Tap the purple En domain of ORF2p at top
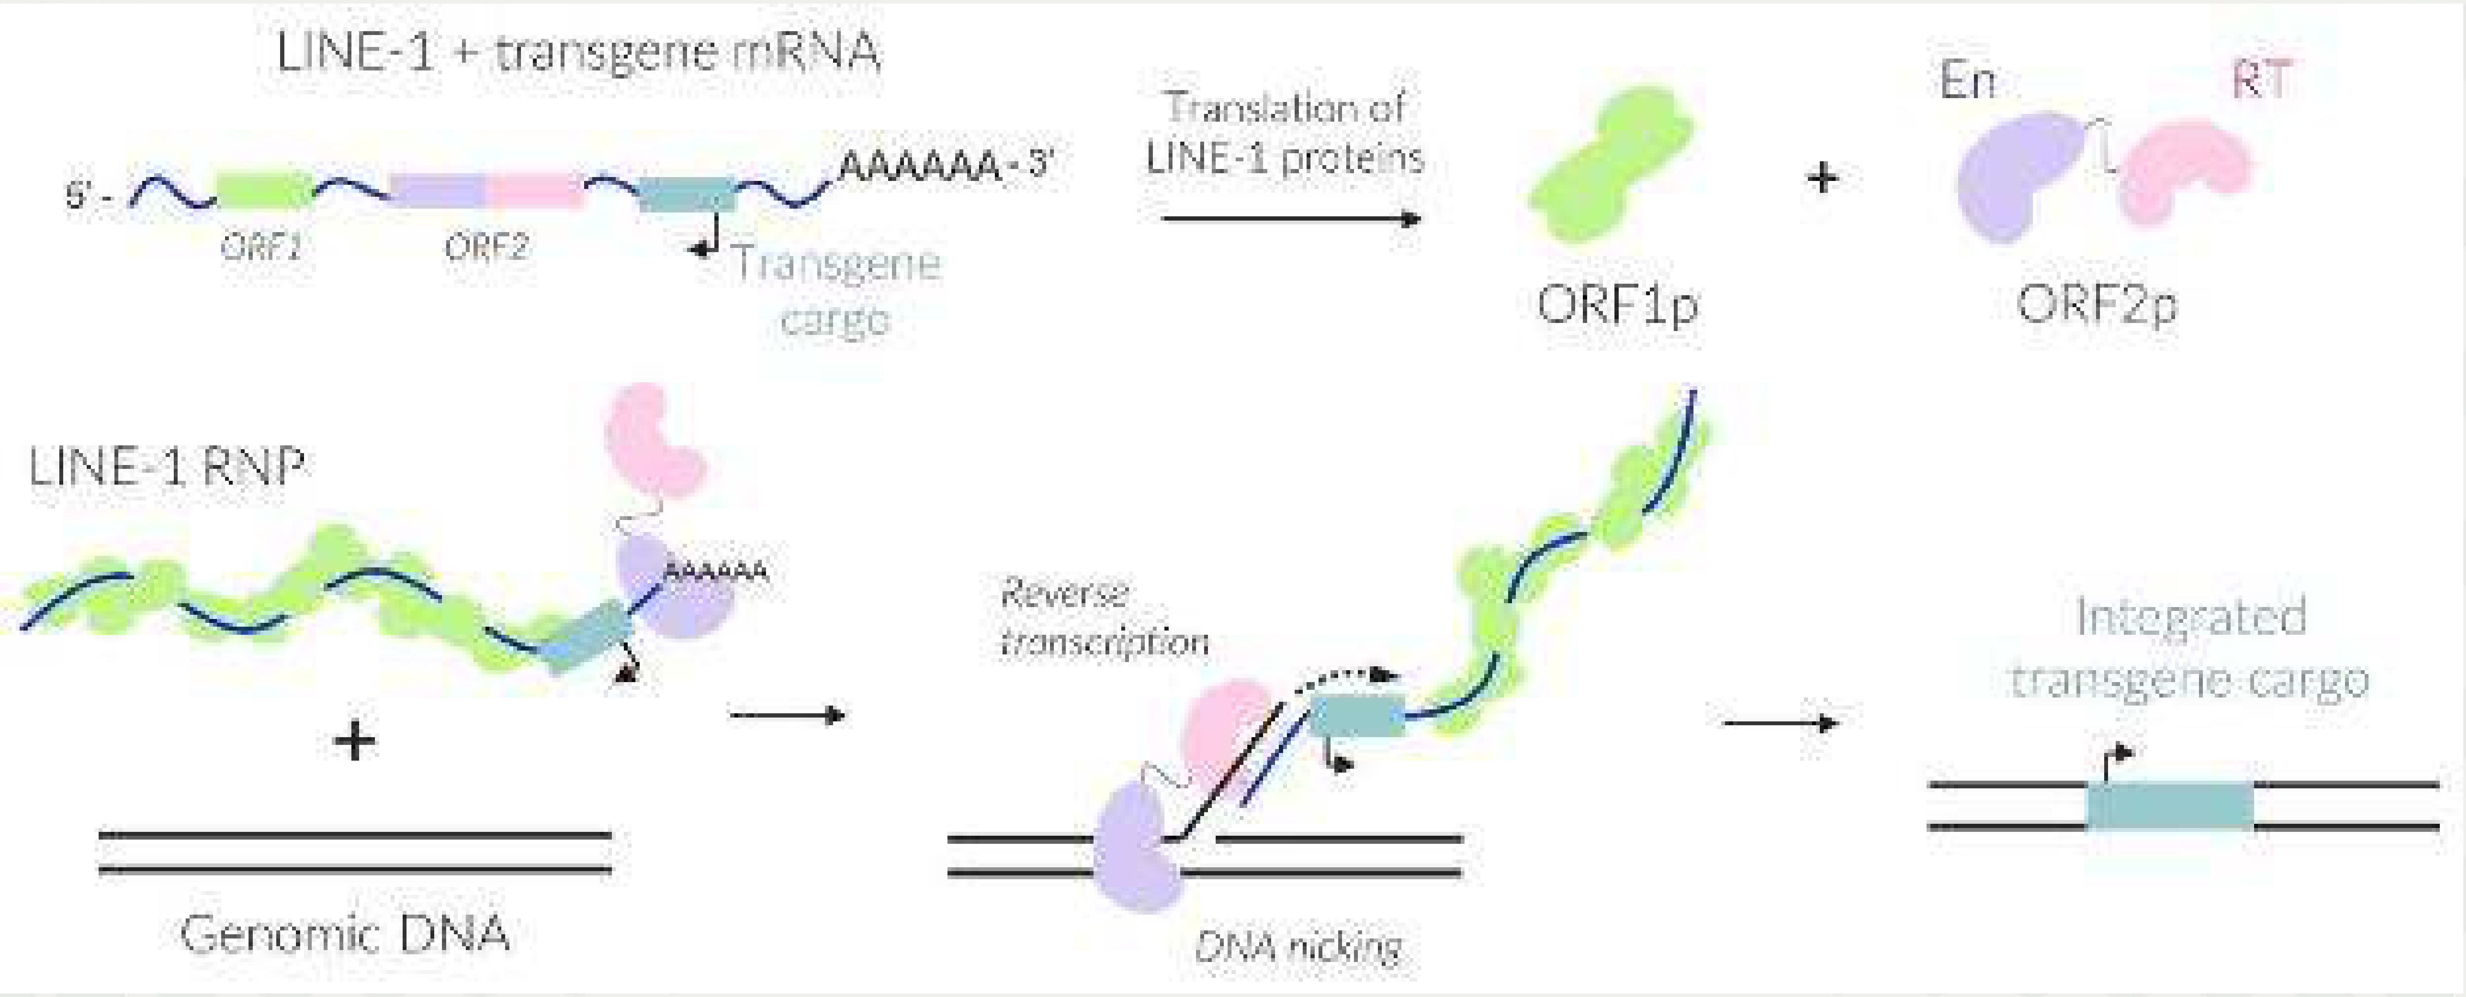click(x=2015, y=177)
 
